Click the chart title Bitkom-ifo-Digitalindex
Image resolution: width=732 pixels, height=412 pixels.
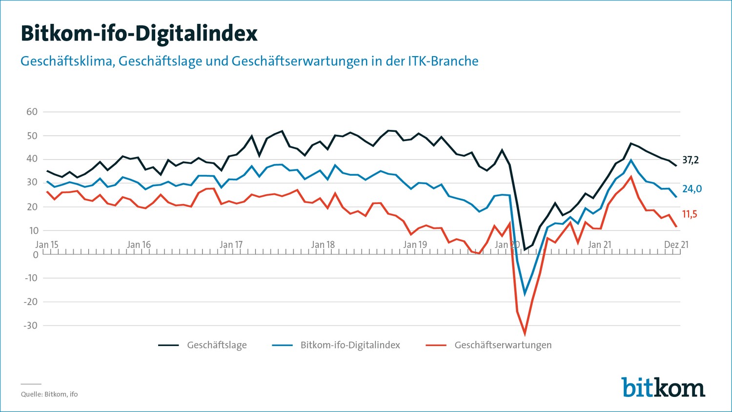point(139,33)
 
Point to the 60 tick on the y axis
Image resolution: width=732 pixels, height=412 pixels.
point(32,112)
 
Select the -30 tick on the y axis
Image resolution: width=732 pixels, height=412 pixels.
point(30,326)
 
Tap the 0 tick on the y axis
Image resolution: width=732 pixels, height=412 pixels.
point(35,254)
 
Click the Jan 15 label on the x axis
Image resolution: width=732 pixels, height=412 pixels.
point(47,245)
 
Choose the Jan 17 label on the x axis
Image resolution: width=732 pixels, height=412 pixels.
point(231,245)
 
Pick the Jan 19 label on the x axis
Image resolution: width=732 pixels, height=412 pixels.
point(415,245)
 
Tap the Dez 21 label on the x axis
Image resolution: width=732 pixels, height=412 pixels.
point(676,245)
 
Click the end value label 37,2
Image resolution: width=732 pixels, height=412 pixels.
point(691,160)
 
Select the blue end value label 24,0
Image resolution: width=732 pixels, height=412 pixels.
point(692,189)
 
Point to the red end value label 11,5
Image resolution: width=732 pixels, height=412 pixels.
point(690,214)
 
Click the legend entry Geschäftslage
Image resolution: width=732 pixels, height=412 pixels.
point(217,345)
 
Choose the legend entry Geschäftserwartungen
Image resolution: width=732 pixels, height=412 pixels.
point(503,345)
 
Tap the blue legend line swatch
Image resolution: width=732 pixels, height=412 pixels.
point(282,345)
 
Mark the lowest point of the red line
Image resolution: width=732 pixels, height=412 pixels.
point(525,334)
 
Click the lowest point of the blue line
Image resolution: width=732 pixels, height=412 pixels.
point(525,294)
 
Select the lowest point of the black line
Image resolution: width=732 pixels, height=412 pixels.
point(525,250)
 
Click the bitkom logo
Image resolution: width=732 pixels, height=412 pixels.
point(663,387)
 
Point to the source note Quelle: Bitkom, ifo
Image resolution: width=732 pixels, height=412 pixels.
point(49,394)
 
